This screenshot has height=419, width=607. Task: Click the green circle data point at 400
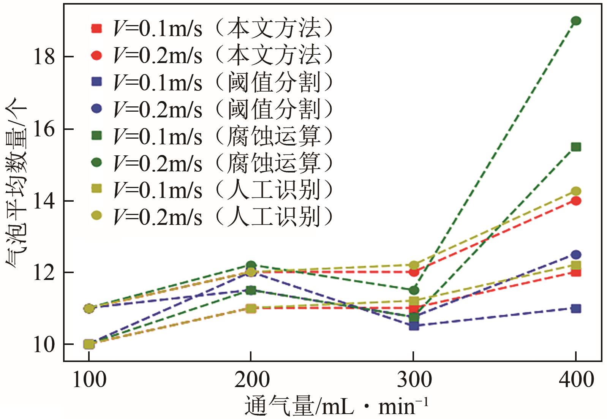576,21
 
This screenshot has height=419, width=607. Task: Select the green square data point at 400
576,147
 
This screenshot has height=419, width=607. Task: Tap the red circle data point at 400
576,201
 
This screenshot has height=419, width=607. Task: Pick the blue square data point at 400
576,308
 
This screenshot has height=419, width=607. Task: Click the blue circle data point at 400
576,255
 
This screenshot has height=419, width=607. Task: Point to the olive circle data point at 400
576,191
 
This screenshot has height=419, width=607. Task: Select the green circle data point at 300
414,290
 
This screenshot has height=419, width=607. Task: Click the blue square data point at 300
414,326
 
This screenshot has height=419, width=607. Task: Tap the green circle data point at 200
251,265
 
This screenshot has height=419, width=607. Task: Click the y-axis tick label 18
44,57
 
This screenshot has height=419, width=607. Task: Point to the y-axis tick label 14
44,201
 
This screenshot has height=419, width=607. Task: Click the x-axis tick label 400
576,379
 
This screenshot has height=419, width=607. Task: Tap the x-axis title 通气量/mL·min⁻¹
336,406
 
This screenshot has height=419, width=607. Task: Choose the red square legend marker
97,28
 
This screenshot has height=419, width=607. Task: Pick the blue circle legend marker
97,109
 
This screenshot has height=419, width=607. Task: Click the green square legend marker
97,136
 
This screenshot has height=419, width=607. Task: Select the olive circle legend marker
97,216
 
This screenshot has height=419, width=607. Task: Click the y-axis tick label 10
44,345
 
